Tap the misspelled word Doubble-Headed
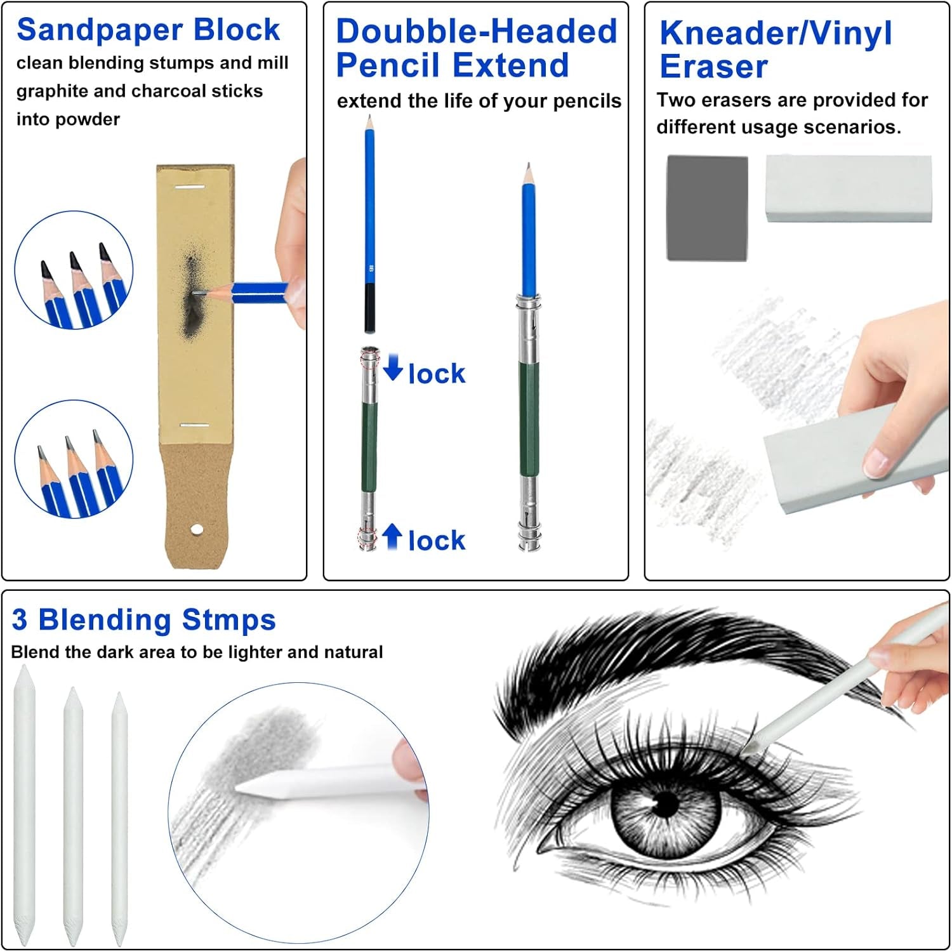(477, 32)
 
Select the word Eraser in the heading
(713, 67)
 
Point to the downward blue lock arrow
(393, 367)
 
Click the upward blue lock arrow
(392, 537)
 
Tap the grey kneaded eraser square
(707, 208)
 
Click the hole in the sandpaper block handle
(197, 529)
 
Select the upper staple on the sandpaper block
(190, 187)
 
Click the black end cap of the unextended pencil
(370, 308)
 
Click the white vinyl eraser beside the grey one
(849, 188)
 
